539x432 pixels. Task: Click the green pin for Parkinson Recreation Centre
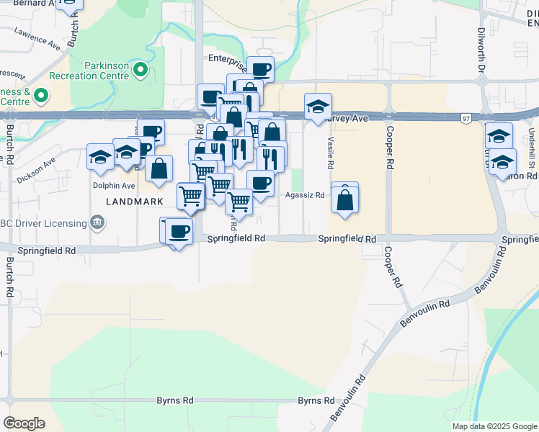(x=141, y=71)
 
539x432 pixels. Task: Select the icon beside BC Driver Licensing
(x=96, y=222)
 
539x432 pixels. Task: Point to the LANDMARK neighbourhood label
(x=134, y=202)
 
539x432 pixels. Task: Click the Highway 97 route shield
(x=467, y=118)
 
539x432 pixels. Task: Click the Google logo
(x=24, y=423)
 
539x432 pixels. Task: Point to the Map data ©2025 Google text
(x=494, y=426)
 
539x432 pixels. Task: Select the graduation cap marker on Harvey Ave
(x=318, y=108)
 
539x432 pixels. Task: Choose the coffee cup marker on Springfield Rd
(x=179, y=232)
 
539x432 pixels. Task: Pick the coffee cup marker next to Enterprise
(x=261, y=70)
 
